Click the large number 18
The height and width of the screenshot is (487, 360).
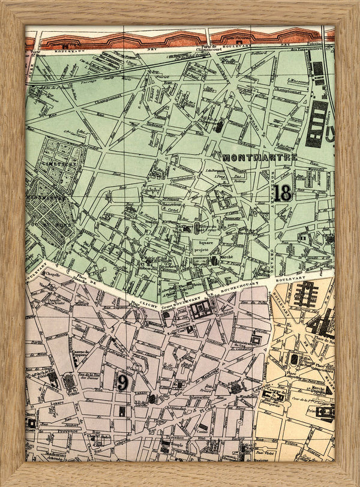[283, 193]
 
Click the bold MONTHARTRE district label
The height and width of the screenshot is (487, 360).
[259, 157]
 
